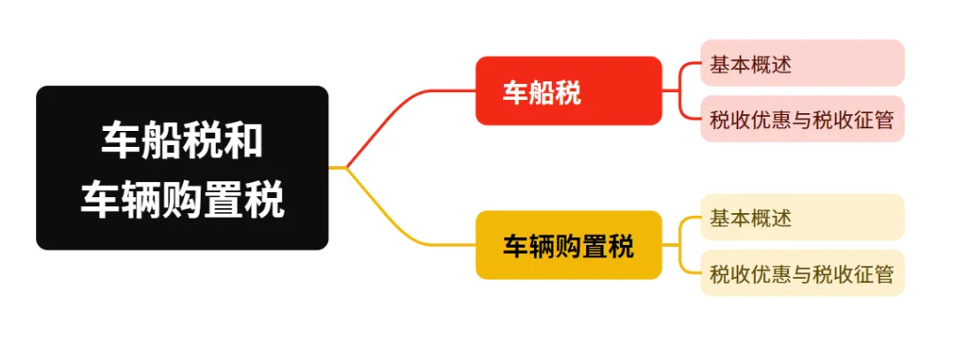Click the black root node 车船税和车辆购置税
[x=181, y=167]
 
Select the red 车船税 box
[x=569, y=91]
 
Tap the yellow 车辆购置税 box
[x=569, y=245]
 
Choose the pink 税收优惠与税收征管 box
[x=802, y=119]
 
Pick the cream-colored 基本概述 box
[x=802, y=217]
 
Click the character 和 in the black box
[x=243, y=142]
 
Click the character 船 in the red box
[x=542, y=92]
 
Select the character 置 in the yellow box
[x=594, y=246]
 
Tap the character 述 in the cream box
[x=779, y=218]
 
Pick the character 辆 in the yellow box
[x=542, y=246]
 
